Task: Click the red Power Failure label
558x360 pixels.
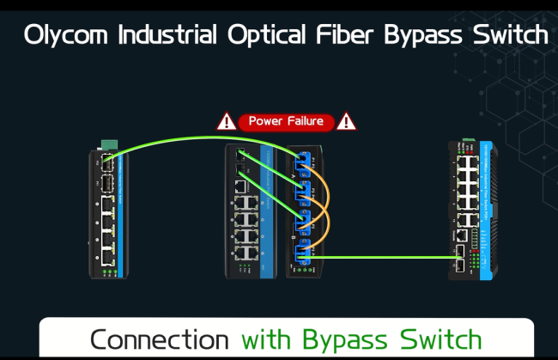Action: [x=286, y=121]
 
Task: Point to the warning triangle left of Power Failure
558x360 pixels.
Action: [x=226, y=121]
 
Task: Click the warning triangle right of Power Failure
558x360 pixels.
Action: [x=347, y=121]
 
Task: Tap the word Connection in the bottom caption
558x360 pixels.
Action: [x=161, y=338]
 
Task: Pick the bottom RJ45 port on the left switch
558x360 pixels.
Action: [x=106, y=253]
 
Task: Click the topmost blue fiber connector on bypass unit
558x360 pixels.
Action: [x=301, y=162]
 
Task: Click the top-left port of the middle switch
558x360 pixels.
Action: [x=240, y=156]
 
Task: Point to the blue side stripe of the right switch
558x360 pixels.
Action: [x=488, y=206]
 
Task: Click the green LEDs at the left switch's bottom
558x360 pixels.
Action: [x=109, y=272]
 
